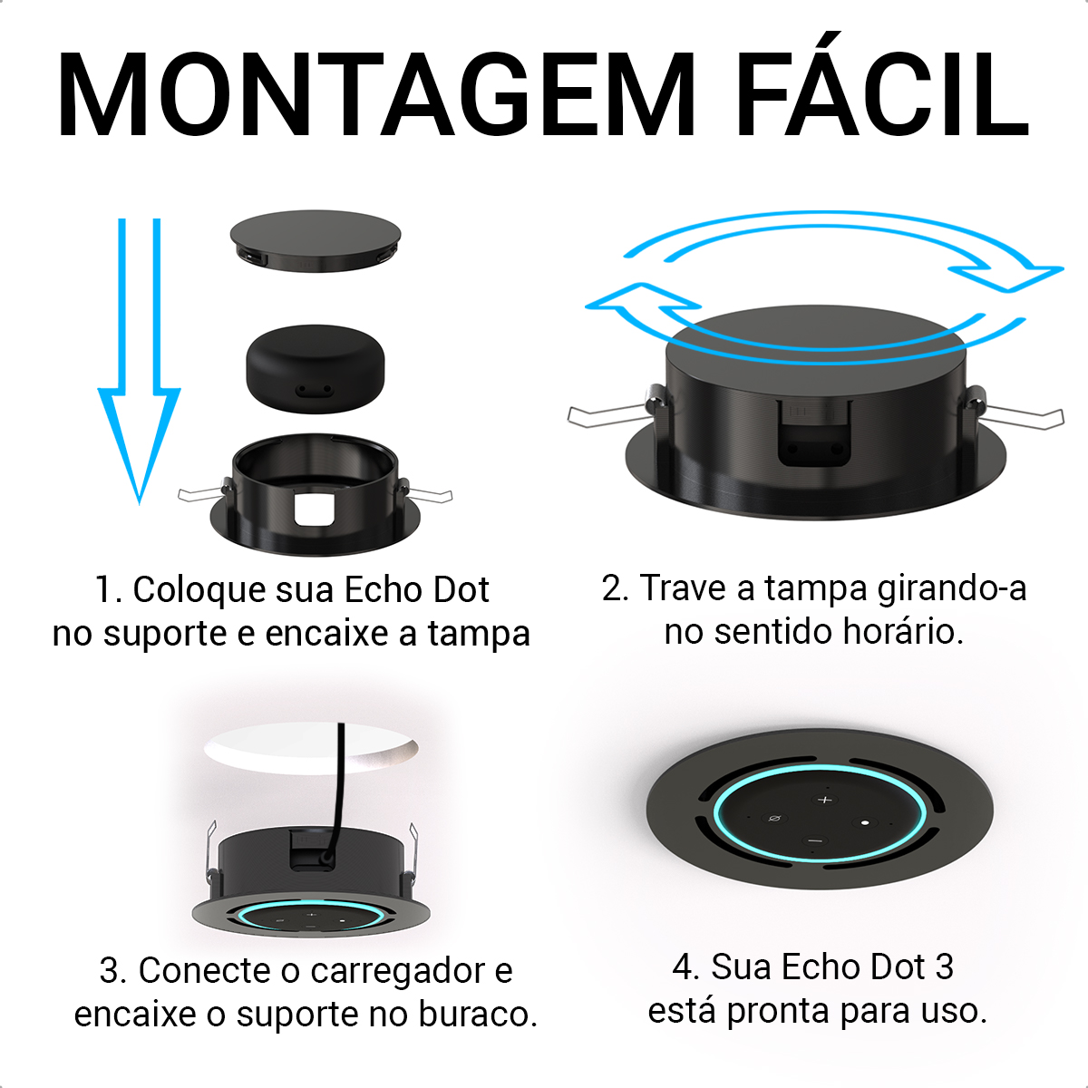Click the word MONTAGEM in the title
[376, 94]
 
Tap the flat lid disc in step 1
[315, 241]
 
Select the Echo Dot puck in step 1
[315, 369]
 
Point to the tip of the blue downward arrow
[140, 502]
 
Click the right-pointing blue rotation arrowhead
[1008, 277]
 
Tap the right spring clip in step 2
[1014, 411]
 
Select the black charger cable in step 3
[337, 791]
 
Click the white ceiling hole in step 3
[311, 748]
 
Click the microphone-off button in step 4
[774, 818]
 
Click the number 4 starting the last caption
[685, 967]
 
